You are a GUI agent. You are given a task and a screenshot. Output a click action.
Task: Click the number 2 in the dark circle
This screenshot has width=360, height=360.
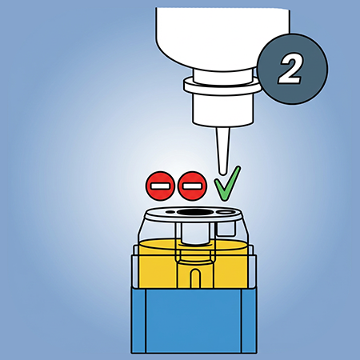pyautogui.click(x=290, y=70)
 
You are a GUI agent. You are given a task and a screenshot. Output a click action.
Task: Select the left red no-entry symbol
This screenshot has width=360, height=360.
pyautogui.click(x=160, y=186)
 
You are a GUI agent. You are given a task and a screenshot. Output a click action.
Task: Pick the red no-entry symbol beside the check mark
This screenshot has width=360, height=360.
pyautogui.click(x=192, y=186)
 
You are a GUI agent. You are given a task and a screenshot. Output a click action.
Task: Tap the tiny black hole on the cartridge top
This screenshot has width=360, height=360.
pyautogui.click(x=170, y=212)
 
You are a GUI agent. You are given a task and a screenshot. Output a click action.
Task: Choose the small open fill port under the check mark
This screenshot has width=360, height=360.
pyautogui.click(x=226, y=212)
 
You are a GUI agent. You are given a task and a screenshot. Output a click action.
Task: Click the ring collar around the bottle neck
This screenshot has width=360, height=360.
pyautogui.click(x=222, y=86)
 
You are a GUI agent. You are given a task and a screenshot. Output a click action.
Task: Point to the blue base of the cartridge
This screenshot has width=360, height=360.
pyautogui.click(x=194, y=321)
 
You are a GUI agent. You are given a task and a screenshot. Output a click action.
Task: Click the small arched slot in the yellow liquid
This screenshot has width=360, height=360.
pyautogui.click(x=195, y=278)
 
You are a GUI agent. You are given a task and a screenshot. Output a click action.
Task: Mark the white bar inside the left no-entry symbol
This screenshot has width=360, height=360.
pyautogui.click(x=160, y=186)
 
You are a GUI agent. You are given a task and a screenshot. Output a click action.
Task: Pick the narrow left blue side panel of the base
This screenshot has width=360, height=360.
pyautogui.click(x=138, y=321)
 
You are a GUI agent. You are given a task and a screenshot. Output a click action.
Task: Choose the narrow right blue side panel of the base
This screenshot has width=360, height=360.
pyautogui.click(x=250, y=321)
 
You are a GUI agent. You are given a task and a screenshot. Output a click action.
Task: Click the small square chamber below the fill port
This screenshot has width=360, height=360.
pyautogui.click(x=226, y=230)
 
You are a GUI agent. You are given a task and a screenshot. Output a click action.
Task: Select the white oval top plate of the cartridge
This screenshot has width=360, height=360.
pyautogui.click(x=194, y=214)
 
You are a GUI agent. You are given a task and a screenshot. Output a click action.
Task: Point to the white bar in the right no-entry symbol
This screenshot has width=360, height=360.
pyautogui.click(x=192, y=186)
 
